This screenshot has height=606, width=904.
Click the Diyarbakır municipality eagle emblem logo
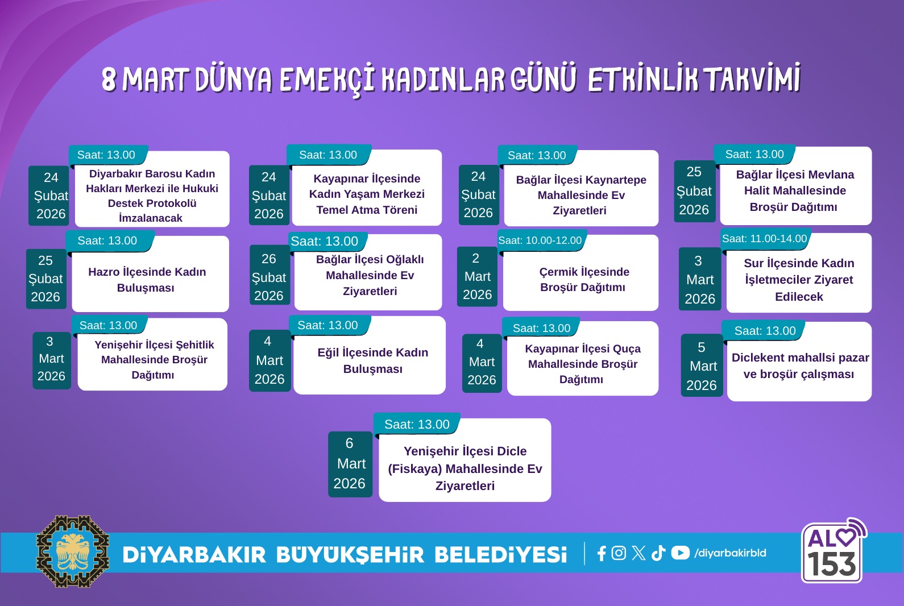[x=73, y=551]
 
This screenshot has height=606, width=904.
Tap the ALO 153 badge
[x=832, y=552]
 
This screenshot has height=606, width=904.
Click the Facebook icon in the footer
[x=602, y=553]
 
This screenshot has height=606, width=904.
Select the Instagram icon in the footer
[x=619, y=553]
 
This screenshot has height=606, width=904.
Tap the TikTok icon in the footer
[x=658, y=553]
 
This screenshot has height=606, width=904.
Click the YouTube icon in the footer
[x=680, y=553]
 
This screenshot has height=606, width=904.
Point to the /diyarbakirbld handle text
[x=730, y=553]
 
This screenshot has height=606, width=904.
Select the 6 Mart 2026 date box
[x=350, y=464]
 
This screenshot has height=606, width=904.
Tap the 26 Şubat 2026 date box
[x=269, y=277]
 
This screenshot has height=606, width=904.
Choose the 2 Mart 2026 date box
[x=477, y=277]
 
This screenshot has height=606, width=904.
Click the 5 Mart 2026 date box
[x=702, y=366]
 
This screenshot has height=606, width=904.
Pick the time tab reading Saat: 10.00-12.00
[x=540, y=240]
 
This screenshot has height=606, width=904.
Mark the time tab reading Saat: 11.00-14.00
[x=764, y=239]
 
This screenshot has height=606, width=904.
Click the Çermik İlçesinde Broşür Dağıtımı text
[x=583, y=279]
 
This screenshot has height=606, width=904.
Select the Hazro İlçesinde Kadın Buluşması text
[x=147, y=280]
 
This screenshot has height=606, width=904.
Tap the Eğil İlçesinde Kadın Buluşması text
[x=372, y=360]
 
